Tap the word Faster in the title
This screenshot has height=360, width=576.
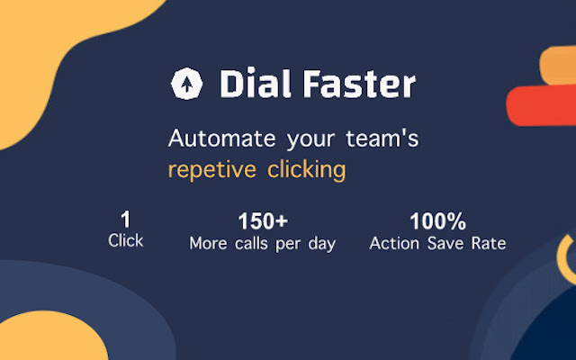[x=358, y=85]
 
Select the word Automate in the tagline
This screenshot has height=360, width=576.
[x=219, y=140]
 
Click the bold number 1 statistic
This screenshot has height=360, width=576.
[x=125, y=220]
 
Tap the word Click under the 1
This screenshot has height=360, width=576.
[x=125, y=241]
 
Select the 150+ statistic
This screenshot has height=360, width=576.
[x=262, y=221]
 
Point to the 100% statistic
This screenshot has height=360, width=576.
[x=437, y=221]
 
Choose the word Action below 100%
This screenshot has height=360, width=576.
[x=394, y=244]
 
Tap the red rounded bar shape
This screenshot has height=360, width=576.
[x=540, y=106]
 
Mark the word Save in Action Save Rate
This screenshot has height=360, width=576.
[x=445, y=244]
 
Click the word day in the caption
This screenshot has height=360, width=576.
[x=321, y=245]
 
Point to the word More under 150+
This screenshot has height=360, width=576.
[x=208, y=244]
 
